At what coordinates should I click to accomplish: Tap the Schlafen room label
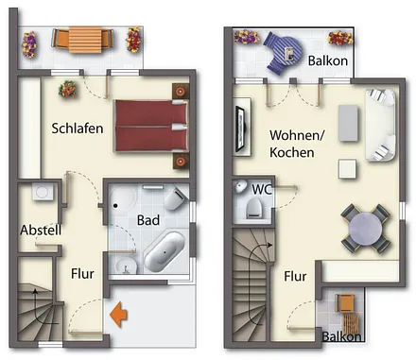78,129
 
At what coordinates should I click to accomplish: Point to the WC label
262,188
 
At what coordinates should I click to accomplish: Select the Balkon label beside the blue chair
328,61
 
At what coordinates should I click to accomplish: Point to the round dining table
364,228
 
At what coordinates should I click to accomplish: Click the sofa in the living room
382,123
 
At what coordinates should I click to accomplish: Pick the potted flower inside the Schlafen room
68,90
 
